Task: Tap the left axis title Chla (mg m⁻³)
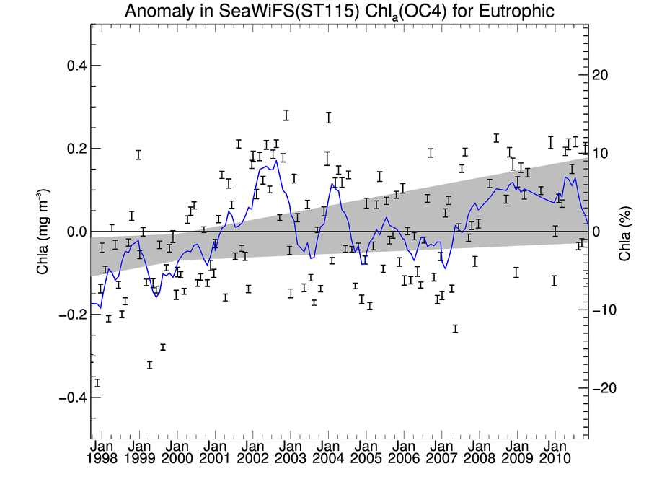coord(43,232)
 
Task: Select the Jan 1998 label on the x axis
coord(102,452)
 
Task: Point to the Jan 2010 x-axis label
coord(553,452)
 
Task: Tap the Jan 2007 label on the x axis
coord(441,452)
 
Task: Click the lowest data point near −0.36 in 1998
coord(97,382)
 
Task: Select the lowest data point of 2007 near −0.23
coord(455,329)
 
